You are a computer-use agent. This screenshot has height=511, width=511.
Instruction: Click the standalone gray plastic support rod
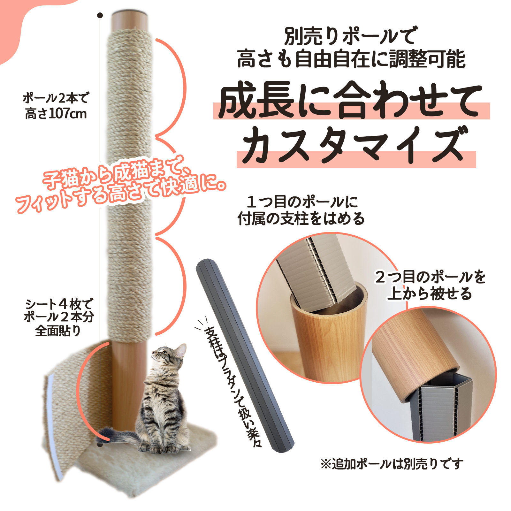click(x=244, y=355)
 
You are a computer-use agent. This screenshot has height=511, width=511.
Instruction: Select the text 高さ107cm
click(x=56, y=114)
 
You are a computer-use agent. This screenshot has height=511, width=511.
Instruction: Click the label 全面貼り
click(x=58, y=331)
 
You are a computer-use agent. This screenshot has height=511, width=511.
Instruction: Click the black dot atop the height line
click(x=100, y=15)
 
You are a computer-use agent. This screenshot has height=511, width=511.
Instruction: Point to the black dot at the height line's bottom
click(x=100, y=444)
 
